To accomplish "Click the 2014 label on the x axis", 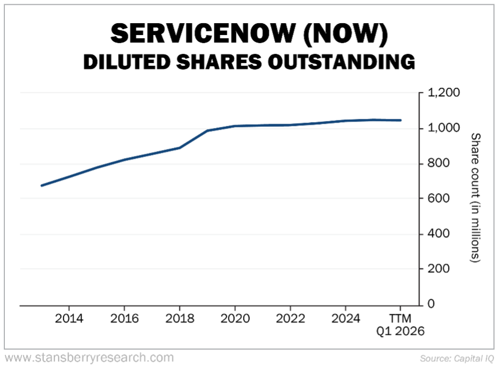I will [x=69, y=319].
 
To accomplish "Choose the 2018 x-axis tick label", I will [x=179, y=319].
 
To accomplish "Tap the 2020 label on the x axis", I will [x=234, y=319].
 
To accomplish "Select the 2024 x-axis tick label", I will [x=345, y=319].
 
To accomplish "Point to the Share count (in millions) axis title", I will [x=475, y=198].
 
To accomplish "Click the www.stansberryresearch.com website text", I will [x=89, y=357].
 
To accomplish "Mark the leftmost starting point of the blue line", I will [x=42, y=185].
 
